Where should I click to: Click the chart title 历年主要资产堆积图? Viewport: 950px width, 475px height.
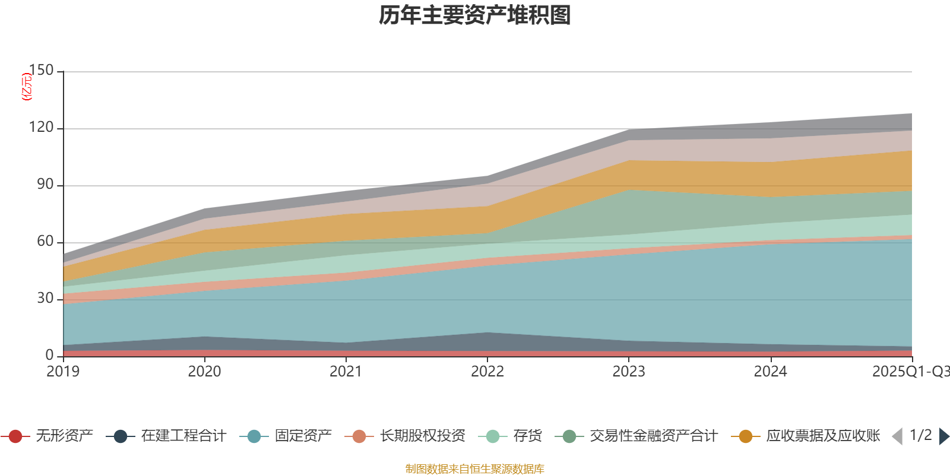click(475, 15)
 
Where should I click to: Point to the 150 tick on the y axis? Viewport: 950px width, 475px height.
click(41, 71)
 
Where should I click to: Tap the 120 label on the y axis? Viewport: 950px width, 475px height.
click(41, 128)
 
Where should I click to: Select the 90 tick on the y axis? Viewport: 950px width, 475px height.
click(45, 185)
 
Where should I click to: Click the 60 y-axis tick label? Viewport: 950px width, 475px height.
click(45, 242)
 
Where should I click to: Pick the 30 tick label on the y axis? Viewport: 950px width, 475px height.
click(45, 299)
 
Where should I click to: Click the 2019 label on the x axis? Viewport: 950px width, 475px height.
click(64, 372)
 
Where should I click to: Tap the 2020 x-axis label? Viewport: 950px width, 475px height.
click(204, 372)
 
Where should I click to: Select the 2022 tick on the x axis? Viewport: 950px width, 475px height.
click(487, 372)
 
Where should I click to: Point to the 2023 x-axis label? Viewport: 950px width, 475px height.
click(629, 372)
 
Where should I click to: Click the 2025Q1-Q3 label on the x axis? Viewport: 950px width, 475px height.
click(910, 372)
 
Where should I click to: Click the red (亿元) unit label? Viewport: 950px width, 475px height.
click(27, 87)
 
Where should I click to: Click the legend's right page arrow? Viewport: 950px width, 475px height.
click(943, 436)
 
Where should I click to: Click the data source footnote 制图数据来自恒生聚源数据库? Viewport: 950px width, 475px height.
click(475, 469)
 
